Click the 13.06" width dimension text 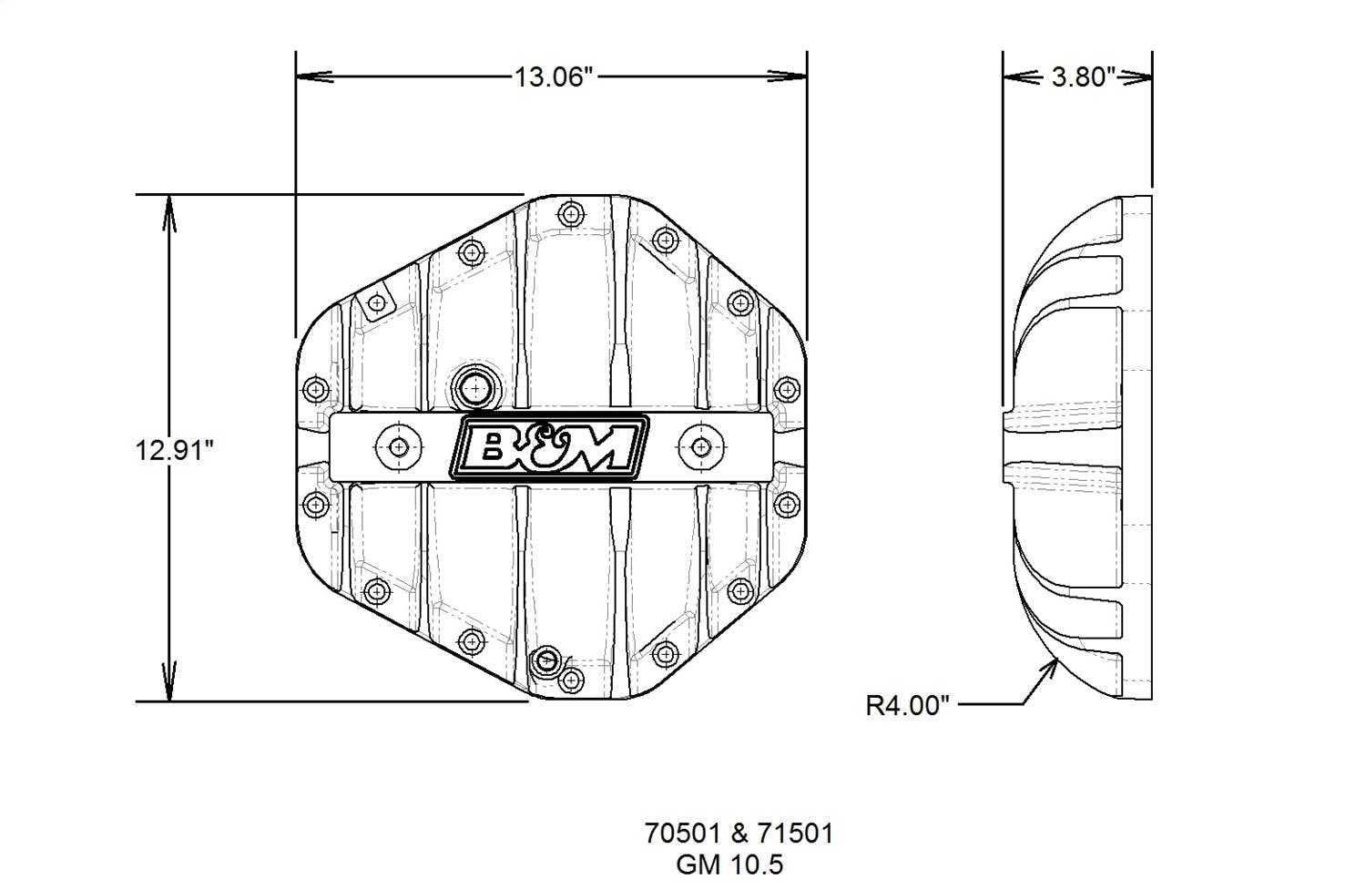pos(554,77)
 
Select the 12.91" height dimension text pos(174,449)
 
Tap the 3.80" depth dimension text pos(1083,77)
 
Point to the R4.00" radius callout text pos(907,705)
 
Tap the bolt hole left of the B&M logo pos(399,446)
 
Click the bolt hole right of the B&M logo pos(699,446)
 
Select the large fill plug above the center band pos(474,389)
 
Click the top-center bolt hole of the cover pos(571,215)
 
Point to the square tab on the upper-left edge pos(373,302)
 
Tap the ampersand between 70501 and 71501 pos(739,833)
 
